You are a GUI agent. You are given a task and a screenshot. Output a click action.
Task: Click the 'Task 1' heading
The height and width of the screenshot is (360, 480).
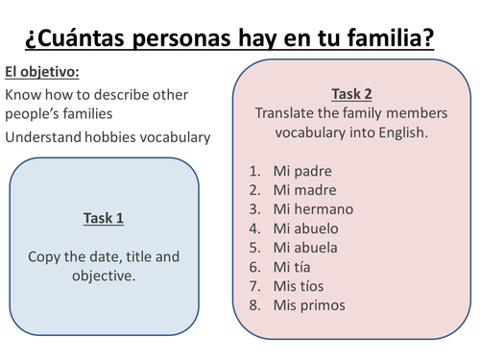coord(106,218)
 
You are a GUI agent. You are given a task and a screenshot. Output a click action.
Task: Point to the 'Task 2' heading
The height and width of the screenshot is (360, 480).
coord(351,93)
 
